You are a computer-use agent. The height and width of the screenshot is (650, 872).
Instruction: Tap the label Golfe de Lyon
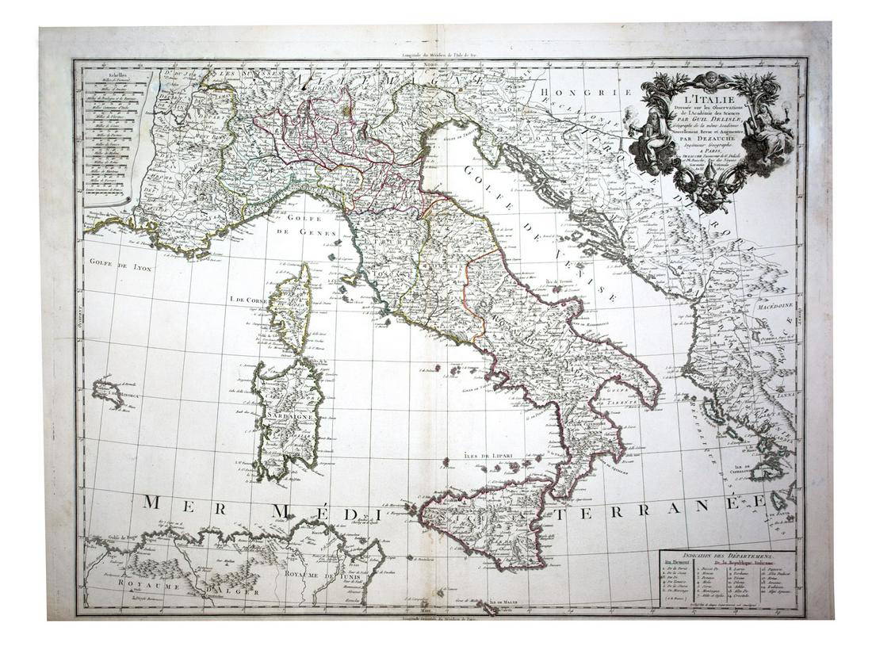click(x=120, y=266)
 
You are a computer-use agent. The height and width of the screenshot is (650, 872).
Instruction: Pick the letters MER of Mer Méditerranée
click(x=178, y=504)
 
